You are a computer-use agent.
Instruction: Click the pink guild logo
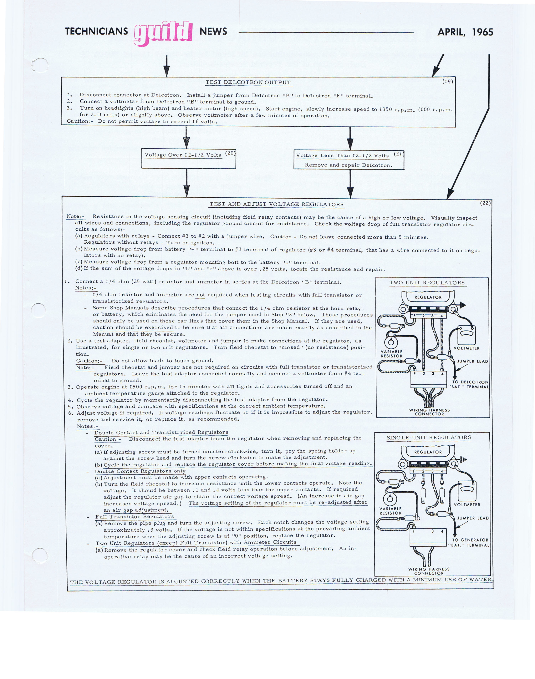pos(163,33)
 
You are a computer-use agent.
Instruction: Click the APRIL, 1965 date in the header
pos(465,32)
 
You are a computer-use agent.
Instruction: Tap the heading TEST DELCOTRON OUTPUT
pos(248,82)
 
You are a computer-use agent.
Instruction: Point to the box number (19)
pos(448,81)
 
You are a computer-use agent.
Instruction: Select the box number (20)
pos(231,153)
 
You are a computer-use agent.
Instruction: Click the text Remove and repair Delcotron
pos(348,165)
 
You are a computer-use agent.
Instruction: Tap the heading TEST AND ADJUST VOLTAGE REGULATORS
pos(276,204)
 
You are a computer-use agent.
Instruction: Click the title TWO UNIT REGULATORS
pos(427,282)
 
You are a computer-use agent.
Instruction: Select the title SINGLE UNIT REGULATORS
pos(429,438)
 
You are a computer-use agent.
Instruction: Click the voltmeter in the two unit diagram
pos(466,335)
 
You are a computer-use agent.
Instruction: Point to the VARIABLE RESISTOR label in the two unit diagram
pos(392,354)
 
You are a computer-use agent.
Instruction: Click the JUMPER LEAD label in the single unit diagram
pos(472,518)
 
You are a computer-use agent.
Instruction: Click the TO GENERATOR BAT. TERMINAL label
pos(470,542)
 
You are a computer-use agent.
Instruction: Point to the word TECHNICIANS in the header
pos(96,31)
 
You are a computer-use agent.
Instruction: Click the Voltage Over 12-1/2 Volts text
pos(183,155)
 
